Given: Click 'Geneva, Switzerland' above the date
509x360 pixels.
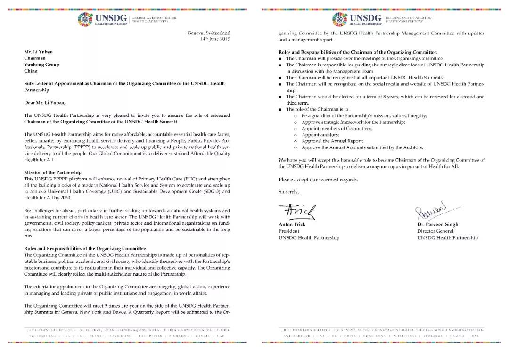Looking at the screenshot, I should (209, 33).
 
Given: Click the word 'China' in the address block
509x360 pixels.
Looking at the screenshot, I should (31, 71).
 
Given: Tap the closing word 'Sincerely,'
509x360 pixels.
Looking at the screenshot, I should (289, 192).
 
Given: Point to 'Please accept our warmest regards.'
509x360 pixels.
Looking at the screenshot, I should (318, 180).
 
